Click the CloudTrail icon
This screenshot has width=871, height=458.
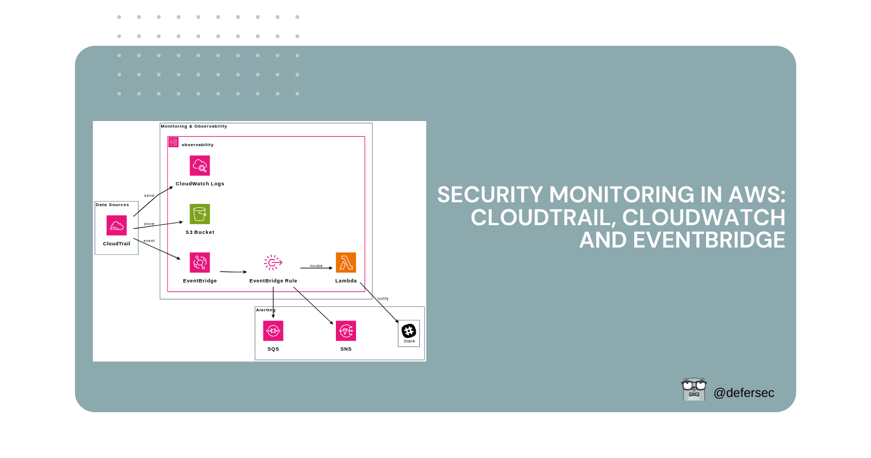click(116, 225)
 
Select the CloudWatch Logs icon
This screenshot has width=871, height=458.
click(200, 165)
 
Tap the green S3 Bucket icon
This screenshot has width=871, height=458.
click(200, 214)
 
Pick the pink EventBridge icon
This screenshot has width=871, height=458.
click(200, 262)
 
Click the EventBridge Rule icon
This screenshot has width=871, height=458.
click(273, 262)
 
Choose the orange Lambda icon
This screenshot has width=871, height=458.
click(346, 262)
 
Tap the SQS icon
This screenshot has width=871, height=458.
click(273, 330)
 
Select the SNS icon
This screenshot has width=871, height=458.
click(346, 330)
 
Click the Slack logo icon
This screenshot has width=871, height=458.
click(409, 330)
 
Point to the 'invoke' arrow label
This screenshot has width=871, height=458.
click(316, 266)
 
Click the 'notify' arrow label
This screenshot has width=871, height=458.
click(383, 299)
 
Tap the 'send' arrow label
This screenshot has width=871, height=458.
click(149, 195)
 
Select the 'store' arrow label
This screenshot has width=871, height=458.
click(149, 224)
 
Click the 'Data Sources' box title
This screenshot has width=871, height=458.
click(113, 205)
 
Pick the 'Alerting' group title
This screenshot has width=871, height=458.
click(266, 310)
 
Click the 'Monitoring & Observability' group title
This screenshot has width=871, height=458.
click(194, 126)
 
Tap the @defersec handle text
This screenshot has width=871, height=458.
click(744, 393)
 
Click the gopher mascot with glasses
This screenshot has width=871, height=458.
click(694, 389)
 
